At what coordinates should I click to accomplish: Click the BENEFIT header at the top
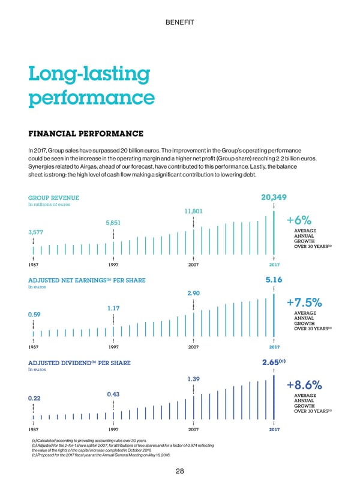pyautogui.click(x=179, y=22)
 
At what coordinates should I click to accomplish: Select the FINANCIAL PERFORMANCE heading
pyautogui.click(x=86, y=133)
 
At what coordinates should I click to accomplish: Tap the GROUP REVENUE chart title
pyautogui.click(x=53, y=198)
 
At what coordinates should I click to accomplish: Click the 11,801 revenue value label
pyautogui.click(x=193, y=211)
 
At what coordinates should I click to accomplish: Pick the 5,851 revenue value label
pyautogui.click(x=113, y=223)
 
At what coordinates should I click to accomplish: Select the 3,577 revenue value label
pyautogui.click(x=36, y=232)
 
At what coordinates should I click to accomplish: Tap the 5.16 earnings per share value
pyautogui.click(x=274, y=280)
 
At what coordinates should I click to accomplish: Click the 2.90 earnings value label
pyautogui.click(x=193, y=293)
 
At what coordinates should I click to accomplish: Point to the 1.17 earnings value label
pyautogui.click(x=114, y=308)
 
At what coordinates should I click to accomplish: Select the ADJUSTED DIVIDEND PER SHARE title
pyautogui.click(x=79, y=363)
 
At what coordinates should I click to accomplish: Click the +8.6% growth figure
pyautogui.click(x=306, y=385)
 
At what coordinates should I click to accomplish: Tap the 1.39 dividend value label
pyautogui.click(x=194, y=379)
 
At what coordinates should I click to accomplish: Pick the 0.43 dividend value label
pyautogui.click(x=113, y=394)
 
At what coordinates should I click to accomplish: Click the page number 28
pyautogui.click(x=180, y=471)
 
